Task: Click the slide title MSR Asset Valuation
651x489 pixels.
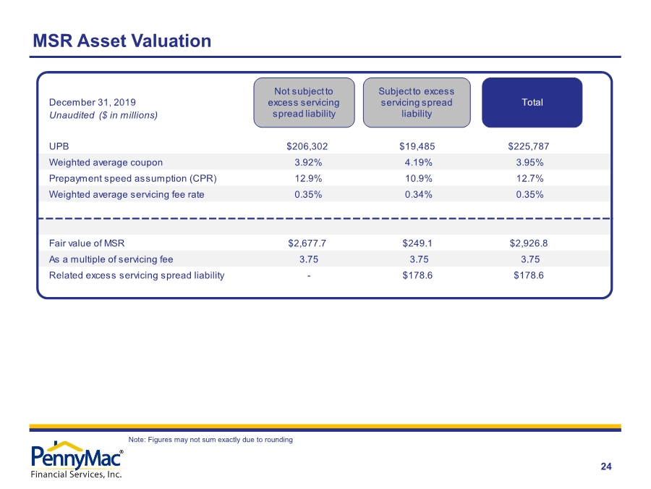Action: pyautogui.click(x=122, y=41)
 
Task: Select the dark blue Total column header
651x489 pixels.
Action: pyautogui.click(x=532, y=102)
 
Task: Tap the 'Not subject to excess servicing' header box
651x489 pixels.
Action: pyautogui.click(x=304, y=102)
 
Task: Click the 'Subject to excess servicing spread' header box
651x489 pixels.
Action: pyautogui.click(x=417, y=102)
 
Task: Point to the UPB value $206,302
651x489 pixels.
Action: pyautogui.click(x=307, y=146)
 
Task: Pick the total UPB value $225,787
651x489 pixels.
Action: pyautogui.click(x=529, y=146)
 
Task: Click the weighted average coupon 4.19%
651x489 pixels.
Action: pyautogui.click(x=419, y=162)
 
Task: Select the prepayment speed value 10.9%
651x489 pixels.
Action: pyautogui.click(x=419, y=178)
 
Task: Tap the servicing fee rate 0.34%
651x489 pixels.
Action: pyautogui.click(x=419, y=195)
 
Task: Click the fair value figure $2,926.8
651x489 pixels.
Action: pyautogui.click(x=529, y=243)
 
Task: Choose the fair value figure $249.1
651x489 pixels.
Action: pyautogui.click(x=417, y=243)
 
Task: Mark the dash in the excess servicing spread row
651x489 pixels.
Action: pyautogui.click(x=309, y=276)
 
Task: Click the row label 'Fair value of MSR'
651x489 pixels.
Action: pyautogui.click(x=87, y=243)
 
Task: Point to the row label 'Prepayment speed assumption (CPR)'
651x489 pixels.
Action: pyautogui.click(x=133, y=179)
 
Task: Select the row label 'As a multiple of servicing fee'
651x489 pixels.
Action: pyautogui.click(x=111, y=259)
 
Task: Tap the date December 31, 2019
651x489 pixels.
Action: pyautogui.click(x=92, y=102)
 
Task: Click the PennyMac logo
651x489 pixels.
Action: pyautogui.click(x=77, y=460)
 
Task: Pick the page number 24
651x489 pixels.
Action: pyautogui.click(x=606, y=467)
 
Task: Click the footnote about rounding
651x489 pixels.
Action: pyautogui.click(x=210, y=440)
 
